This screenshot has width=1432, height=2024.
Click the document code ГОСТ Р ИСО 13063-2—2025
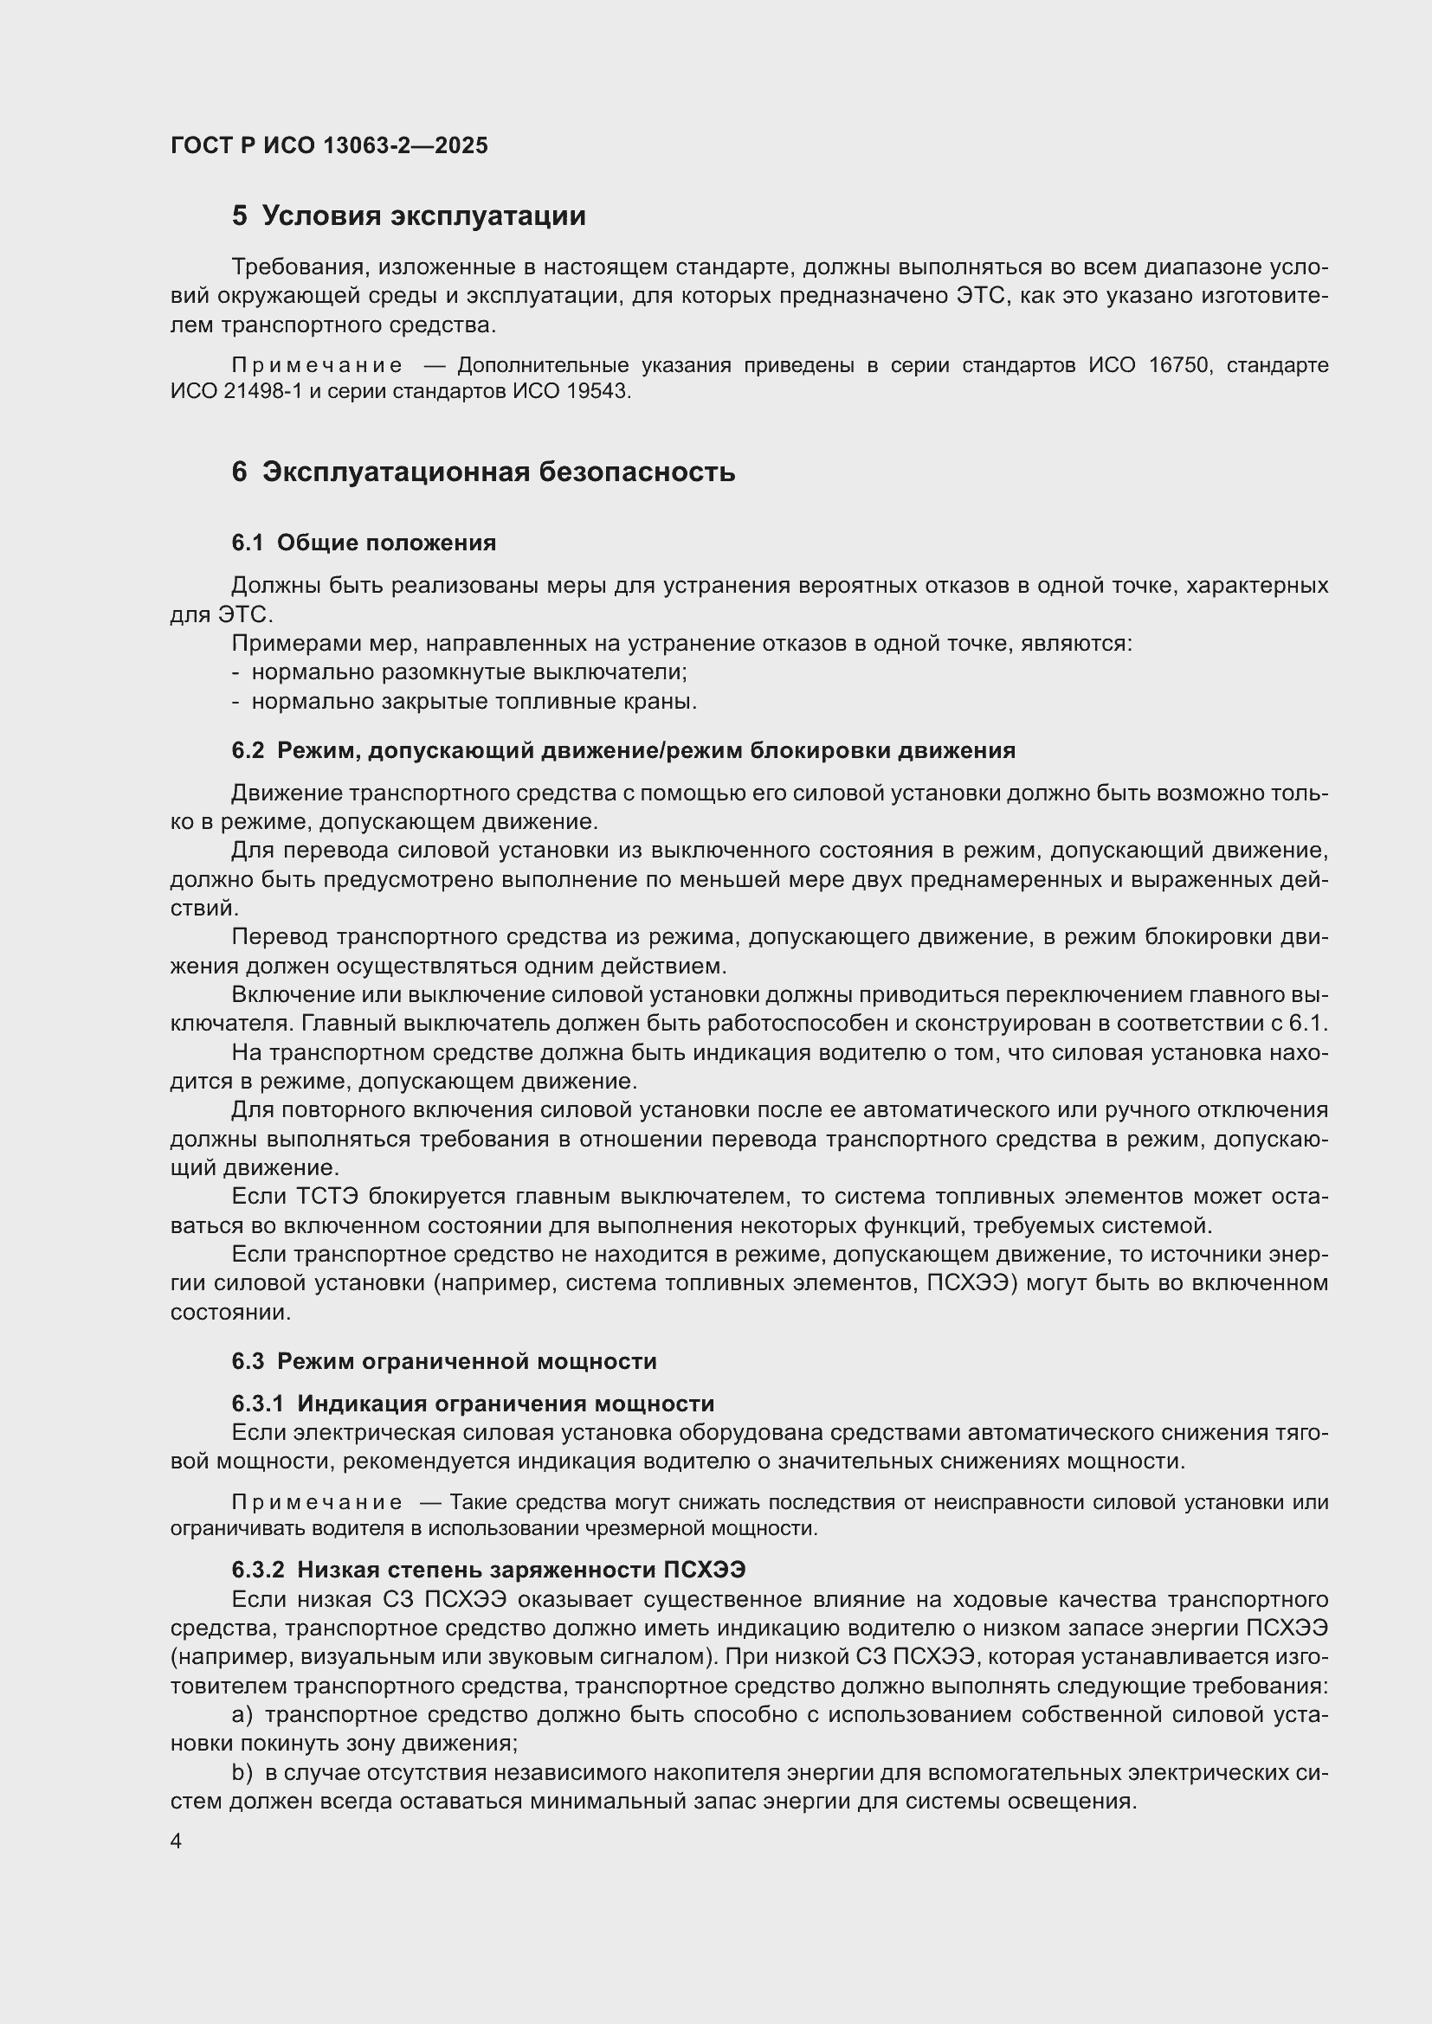329,145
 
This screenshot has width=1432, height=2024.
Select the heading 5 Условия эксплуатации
409,216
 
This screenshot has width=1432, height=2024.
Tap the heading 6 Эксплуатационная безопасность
483,472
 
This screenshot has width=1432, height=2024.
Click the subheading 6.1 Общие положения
364,543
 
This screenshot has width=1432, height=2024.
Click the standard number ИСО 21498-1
236,391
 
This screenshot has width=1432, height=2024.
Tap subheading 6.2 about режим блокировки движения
623,750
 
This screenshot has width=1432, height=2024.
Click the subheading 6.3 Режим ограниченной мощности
444,1361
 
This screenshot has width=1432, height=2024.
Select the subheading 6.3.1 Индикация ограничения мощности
473,1404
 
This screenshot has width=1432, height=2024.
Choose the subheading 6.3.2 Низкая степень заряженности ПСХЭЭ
488,1570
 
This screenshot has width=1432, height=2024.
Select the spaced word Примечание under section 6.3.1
317,1502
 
